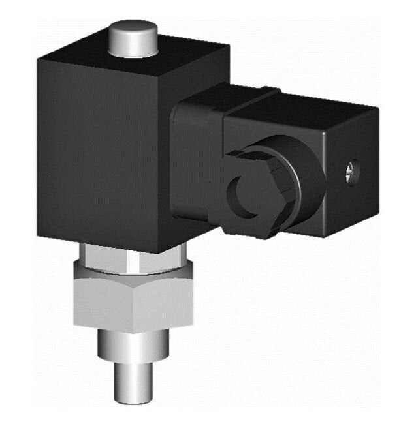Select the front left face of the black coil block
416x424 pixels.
[98, 150]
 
